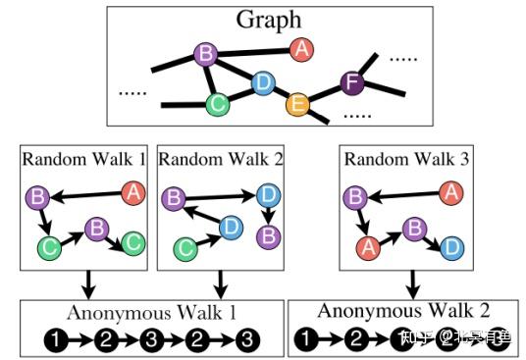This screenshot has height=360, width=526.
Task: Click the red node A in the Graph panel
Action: click(301, 47)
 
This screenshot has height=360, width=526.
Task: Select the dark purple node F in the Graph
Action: click(350, 82)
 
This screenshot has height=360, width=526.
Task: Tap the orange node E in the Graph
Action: click(296, 103)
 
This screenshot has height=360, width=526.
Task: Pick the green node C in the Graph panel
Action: click(219, 103)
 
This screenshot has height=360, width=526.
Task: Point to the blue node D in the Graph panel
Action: click(262, 83)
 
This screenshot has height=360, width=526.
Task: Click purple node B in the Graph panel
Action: click(205, 54)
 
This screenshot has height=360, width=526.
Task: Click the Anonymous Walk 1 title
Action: click(153, 314)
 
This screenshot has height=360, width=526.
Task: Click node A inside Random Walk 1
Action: click(132, 193)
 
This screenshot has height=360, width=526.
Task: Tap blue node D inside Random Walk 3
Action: click(451, 245)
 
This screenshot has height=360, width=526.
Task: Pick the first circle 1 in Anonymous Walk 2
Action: click(306, 338)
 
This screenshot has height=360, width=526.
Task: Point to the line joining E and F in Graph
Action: click(323, 93)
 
